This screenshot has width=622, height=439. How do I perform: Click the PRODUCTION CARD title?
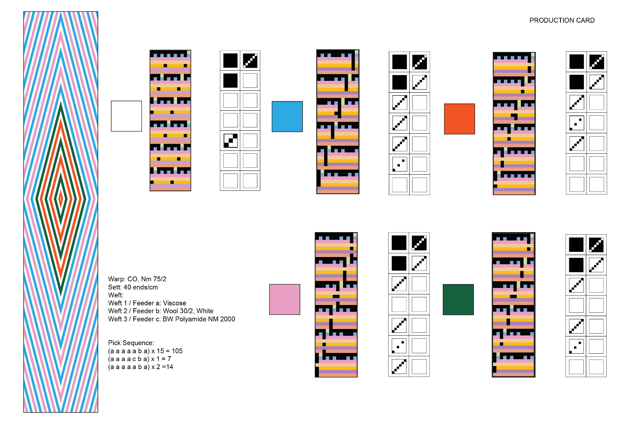pyautogui.click(x=562, y=21)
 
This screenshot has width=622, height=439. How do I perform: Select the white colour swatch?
pyautogui.click(x=126, y=116)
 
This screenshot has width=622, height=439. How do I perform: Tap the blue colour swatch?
pyautogui.click(x=287, y=116)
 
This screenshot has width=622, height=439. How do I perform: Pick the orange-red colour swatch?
pyautogui.click(x=459, y=119)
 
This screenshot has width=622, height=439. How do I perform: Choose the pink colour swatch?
pyautogui.click(x=284, y=300)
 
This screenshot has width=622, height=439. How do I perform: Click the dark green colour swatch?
pyautogui.click(x=458, y=300)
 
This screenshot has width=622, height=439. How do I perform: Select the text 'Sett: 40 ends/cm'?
pyautogui.click(x=133, y=287)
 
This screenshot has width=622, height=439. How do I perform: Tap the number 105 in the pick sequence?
pyautogui.click(x=177, y=351)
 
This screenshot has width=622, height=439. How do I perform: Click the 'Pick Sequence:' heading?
pyautogui.click(x=131, y=343)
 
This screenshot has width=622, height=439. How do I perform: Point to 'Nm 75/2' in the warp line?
pyautogui.click(x=154, y=279)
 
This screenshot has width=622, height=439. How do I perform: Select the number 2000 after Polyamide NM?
pyautogui.click(x=228, y=319)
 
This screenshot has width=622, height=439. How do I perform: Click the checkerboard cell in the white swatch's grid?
pyautogui.click(x=231, y=141)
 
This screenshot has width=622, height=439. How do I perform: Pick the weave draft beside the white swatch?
pyautogui.click(x=170, y=120)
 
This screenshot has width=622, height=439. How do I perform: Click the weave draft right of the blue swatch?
pyautogui.click(x=338, y=122)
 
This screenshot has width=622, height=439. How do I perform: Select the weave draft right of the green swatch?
pyautogui.click(x=513, y=305)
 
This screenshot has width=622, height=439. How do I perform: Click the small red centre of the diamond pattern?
pyautogui.click(x=60, y=199)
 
